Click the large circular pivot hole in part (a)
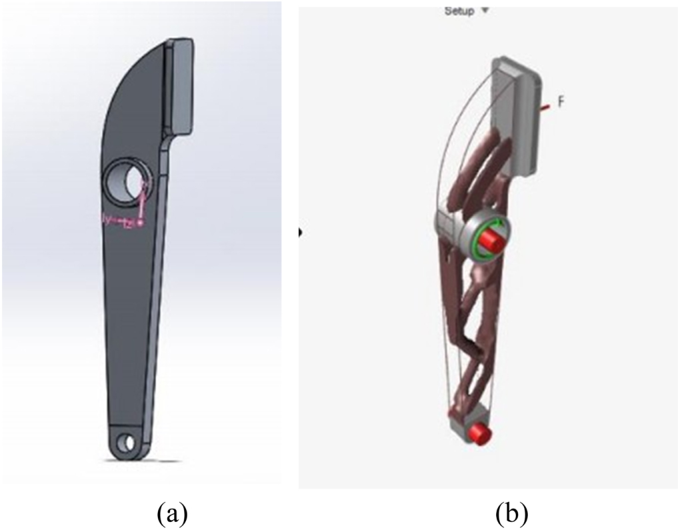coord(126,181)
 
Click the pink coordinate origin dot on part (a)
coord(140,223)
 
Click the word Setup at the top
coord(459,10)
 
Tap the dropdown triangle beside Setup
coord(485,10)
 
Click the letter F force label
coord(561,102)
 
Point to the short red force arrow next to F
coord(547,105)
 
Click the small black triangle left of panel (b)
coord(301,232)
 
